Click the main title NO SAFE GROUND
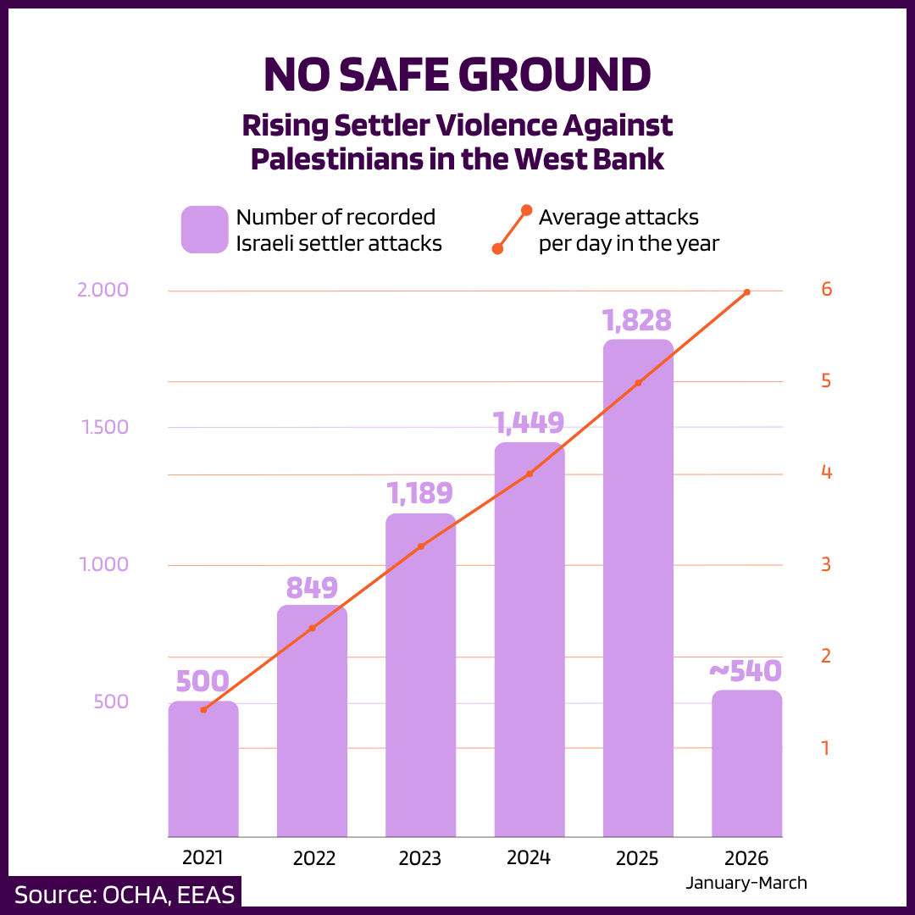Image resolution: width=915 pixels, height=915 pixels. [457, 75]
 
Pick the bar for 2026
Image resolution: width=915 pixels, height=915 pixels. [746, 763]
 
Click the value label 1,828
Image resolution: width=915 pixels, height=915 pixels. [637, 321]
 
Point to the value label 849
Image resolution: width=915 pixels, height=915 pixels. [312, 587]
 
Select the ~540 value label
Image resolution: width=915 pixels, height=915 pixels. [745, 672]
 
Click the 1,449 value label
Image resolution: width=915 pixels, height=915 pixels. [529, 423]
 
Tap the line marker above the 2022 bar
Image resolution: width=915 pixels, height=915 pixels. [312, 628]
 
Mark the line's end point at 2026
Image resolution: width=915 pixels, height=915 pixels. [746, 292]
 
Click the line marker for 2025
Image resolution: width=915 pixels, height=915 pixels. [638, 383]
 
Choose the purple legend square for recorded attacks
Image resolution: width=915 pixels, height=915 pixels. [204, 230]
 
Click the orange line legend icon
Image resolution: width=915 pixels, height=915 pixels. [512, 229]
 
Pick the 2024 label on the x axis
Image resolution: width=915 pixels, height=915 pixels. [529, 857]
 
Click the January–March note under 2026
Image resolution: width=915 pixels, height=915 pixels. [746, 883]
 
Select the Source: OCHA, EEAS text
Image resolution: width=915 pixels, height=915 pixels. [125, 895]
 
